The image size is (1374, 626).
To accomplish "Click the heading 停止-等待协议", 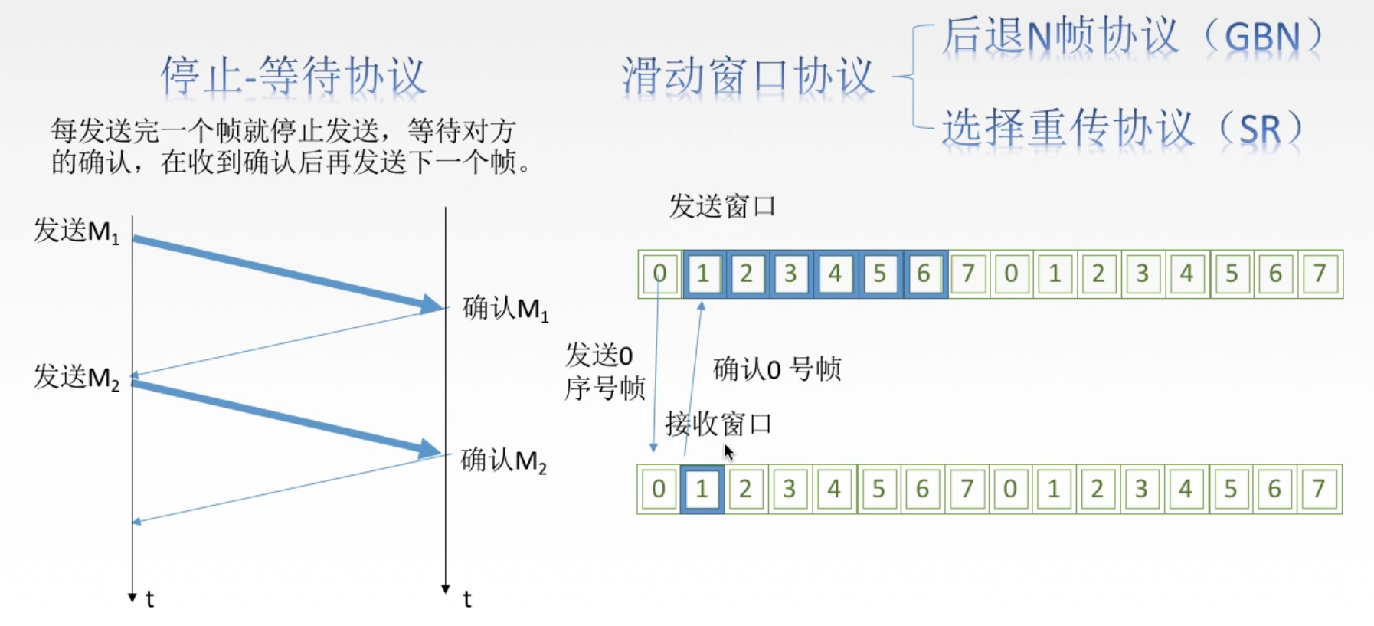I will click(x=293, y=77).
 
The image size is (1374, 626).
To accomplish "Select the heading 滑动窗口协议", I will click(x=748, y=77).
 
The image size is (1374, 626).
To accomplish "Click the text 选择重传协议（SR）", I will click(x=1121, y=127).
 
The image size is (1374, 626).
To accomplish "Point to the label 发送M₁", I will click(x=77, y=230).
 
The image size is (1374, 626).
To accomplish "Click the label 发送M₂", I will click(x=77, y=377).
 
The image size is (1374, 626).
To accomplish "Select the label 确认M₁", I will click(x=505, y=309).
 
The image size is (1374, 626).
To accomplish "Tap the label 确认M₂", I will click(x=504, y=460).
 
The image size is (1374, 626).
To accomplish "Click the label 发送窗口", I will click(x=721, y=206).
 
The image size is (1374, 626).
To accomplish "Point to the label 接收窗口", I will click(x=718, y=424).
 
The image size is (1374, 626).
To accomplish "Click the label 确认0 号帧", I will click(x=777, y=369).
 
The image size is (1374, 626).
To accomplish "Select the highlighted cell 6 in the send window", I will click(x=924, y=274).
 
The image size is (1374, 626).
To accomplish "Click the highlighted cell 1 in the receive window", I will click(x=702, y=489).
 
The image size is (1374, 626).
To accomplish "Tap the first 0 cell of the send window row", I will click(x=659, y=274).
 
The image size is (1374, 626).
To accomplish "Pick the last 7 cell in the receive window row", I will click(x=1318, y=489).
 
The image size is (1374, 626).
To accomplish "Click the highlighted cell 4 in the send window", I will click(x=835, y=274).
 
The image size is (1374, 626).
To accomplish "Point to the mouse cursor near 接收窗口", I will click(x=728, y=452).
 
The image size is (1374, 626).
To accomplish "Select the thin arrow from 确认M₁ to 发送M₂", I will click(x=287, y=342).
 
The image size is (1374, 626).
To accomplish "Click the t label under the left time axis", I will click(x=150, y=599).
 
